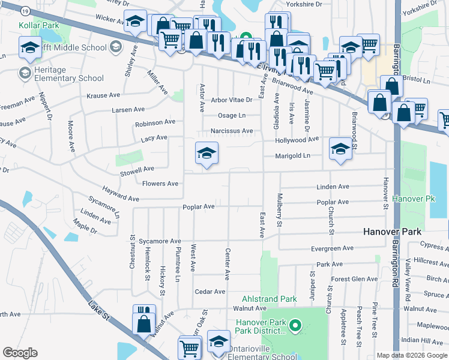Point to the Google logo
[20, 353]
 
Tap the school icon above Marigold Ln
[340, 149]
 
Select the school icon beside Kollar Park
[29, 47]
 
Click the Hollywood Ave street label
[297, 139]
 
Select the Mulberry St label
[279, 210]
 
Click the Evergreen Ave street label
[333, 248]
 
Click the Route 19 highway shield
[23, 10]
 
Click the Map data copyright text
[411, 355]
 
